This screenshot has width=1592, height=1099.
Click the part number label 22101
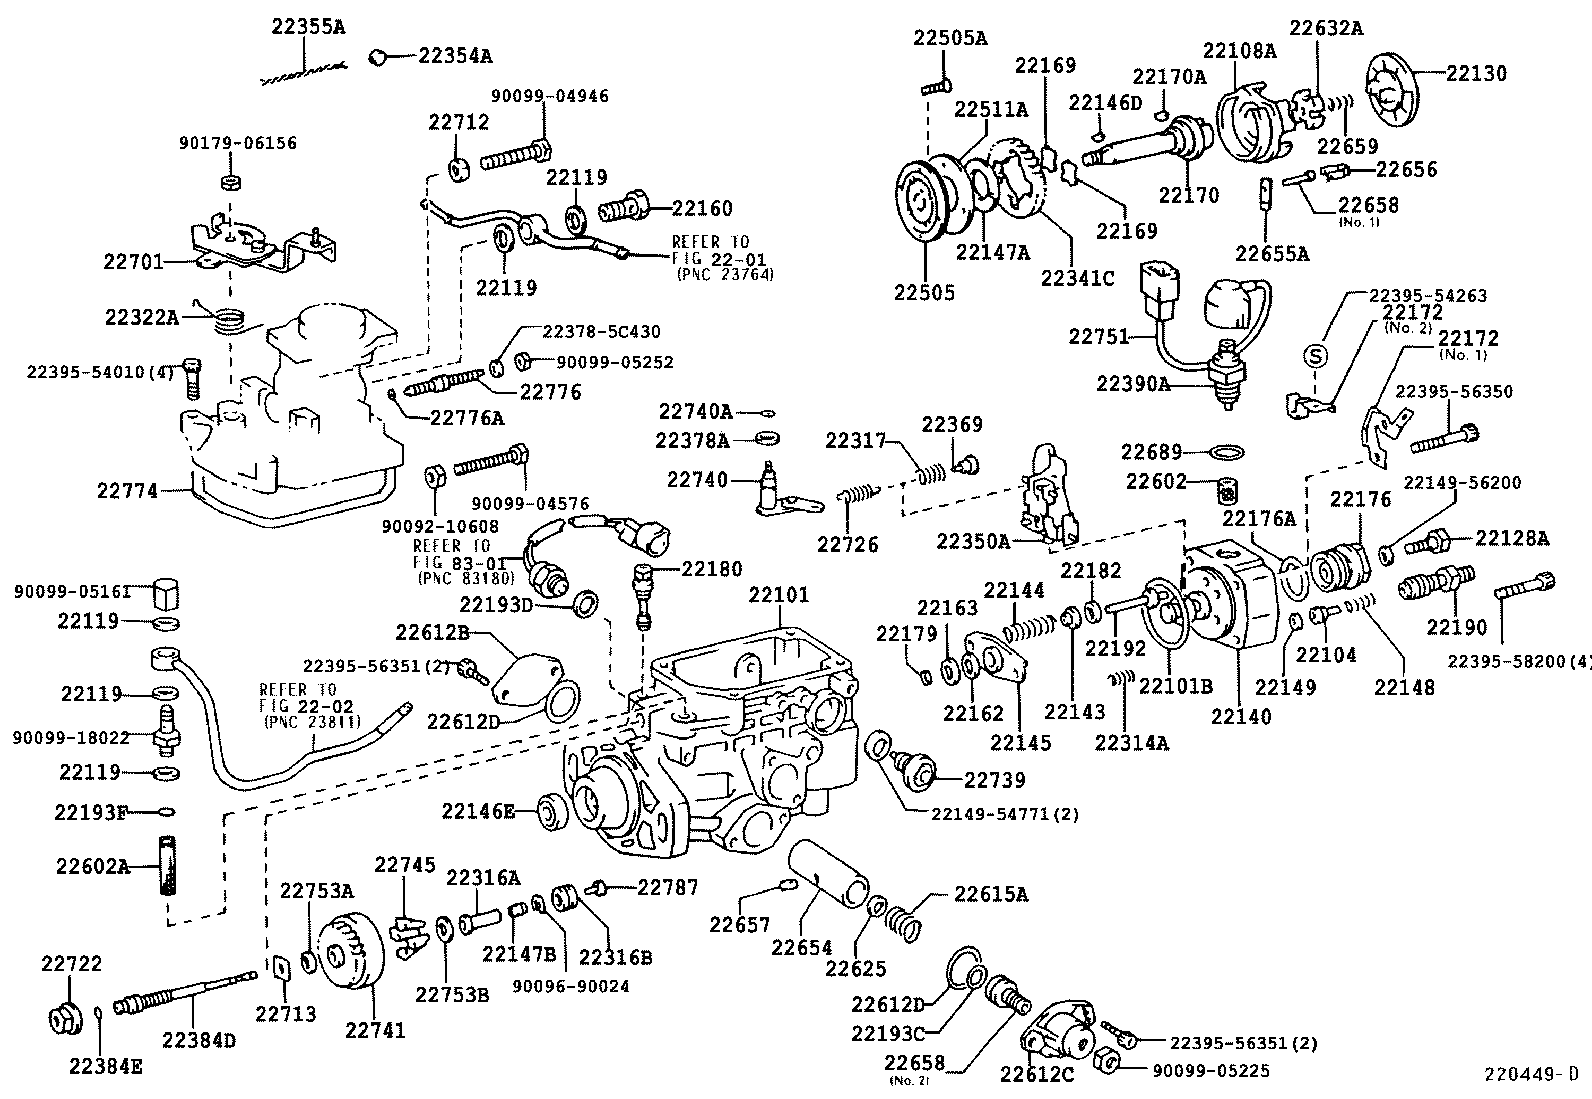[x=779, y=596]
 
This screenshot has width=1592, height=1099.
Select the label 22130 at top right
[x=1476, y=73]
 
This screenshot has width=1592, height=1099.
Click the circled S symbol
[x=1317, y=355]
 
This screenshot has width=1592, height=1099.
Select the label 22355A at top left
[x=308, y=28]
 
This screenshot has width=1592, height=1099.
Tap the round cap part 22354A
[x=378, y=57]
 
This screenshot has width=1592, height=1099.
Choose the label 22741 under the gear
[x=375, y=1029]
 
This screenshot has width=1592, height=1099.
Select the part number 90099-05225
[x=1211, y=1070]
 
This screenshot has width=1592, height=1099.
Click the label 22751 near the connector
[x=1100, y=336]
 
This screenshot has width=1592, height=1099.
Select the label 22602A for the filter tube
[x=92, y=866]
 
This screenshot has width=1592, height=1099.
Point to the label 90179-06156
[x=238, y=143]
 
